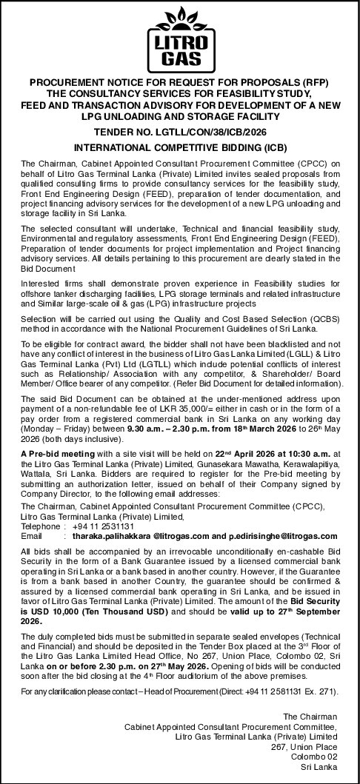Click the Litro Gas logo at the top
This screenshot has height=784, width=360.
click(179, 36)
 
